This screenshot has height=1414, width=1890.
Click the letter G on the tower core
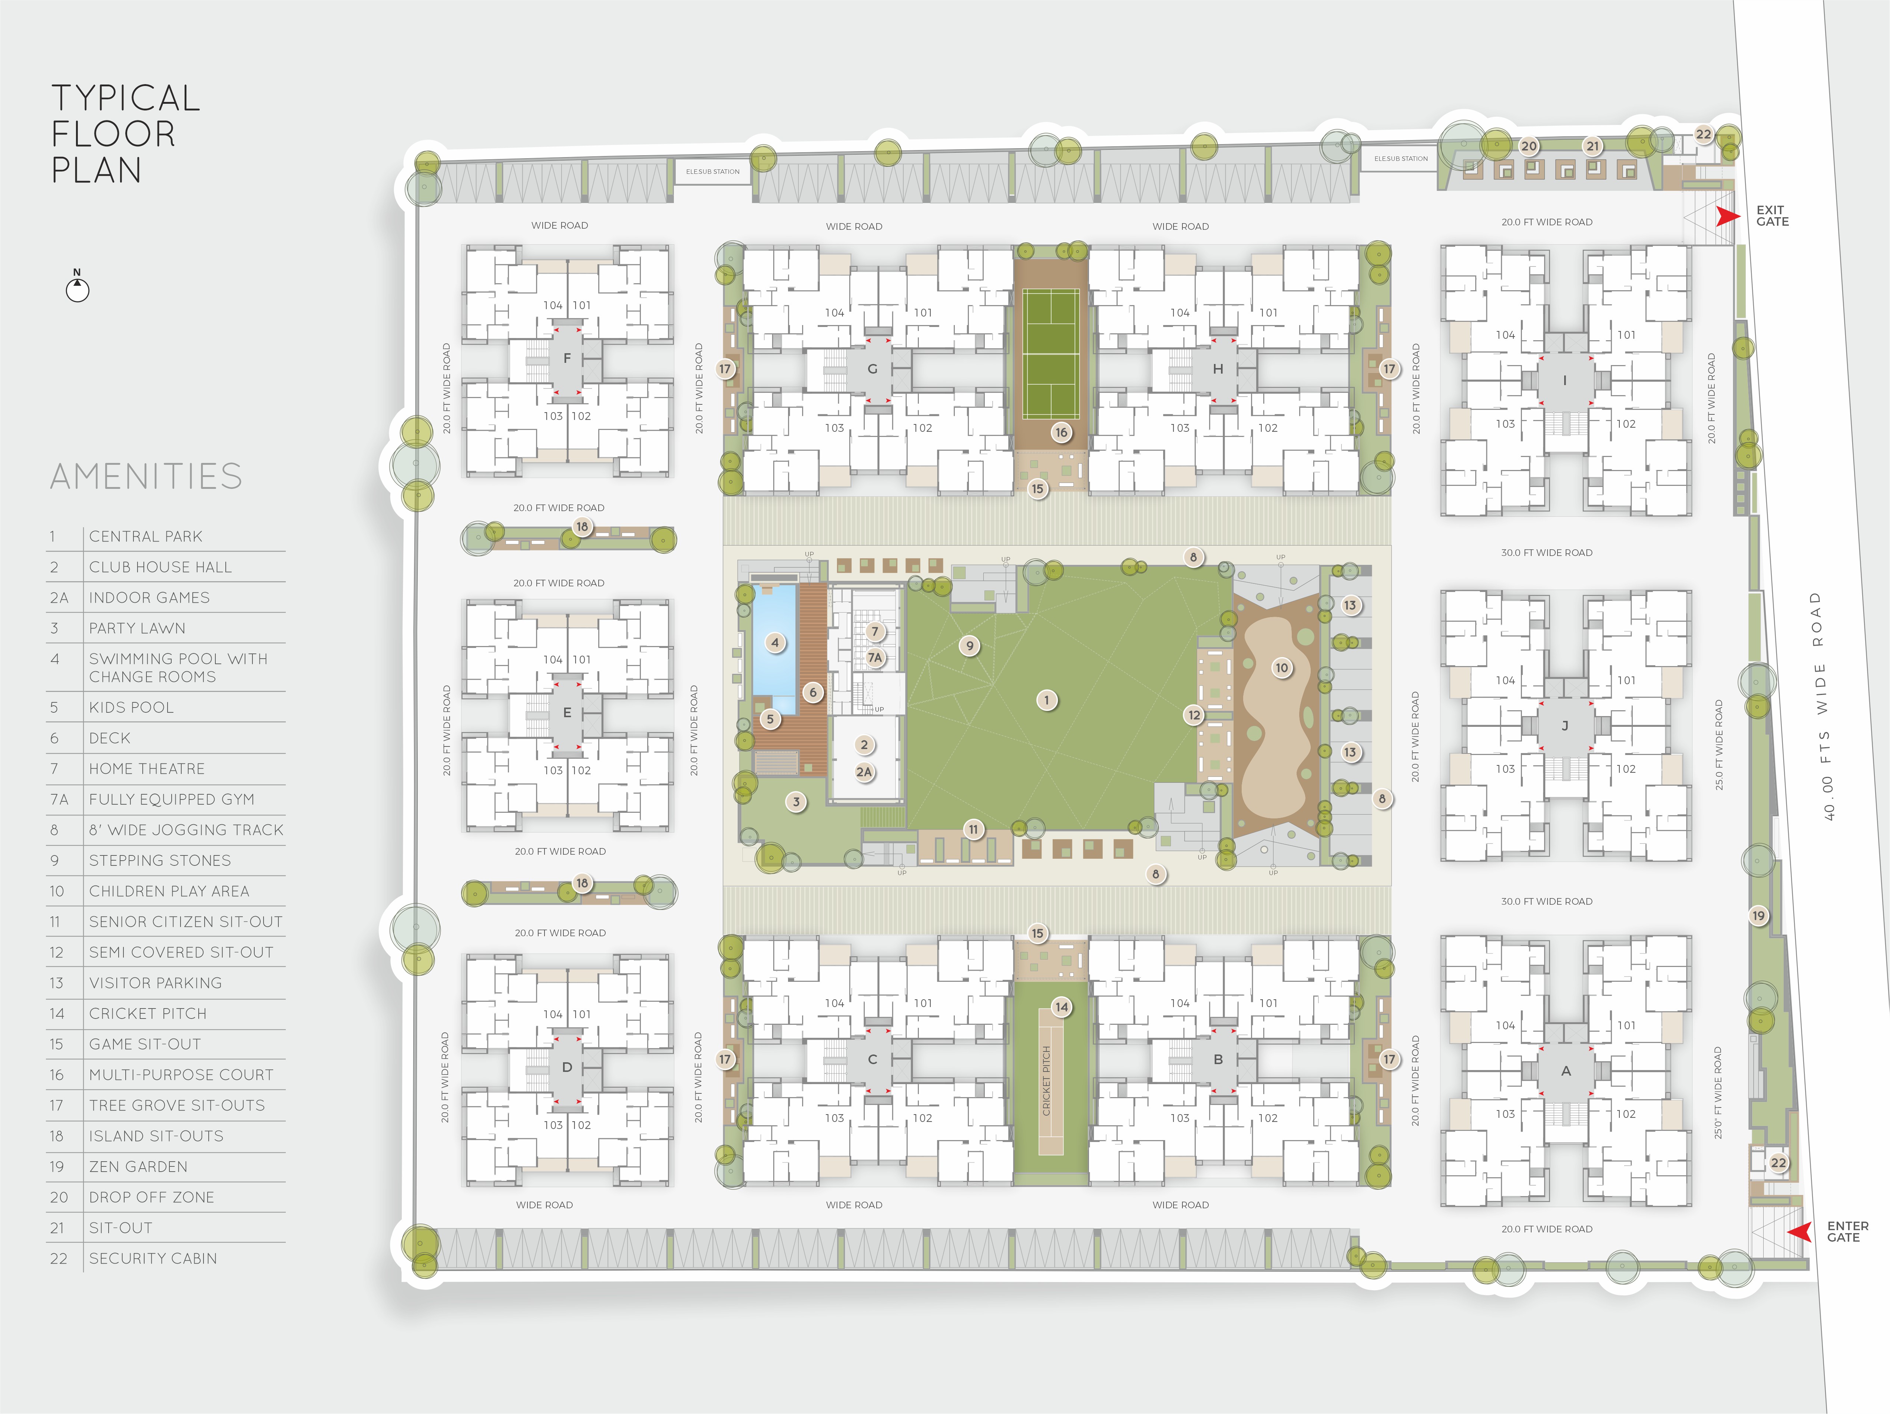coord(873,369)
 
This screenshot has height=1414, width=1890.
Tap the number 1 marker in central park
coord(1047,700)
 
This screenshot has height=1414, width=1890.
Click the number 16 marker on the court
coord(1061,432)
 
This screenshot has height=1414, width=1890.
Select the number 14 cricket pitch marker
coord(1061,1006)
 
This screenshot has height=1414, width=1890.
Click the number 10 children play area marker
coord(1282,667)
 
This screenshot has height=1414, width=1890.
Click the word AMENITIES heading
coord(146,476)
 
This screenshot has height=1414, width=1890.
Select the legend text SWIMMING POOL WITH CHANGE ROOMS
coord(178,667)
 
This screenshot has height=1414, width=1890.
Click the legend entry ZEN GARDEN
coord(138,1166)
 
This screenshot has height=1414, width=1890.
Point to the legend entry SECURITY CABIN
coord(153,1258)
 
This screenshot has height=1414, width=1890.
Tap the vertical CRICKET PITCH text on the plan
coord(1047,1081)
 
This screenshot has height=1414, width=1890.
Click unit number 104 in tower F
coord(553,305)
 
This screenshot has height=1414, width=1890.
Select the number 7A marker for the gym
coord(875,657)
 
